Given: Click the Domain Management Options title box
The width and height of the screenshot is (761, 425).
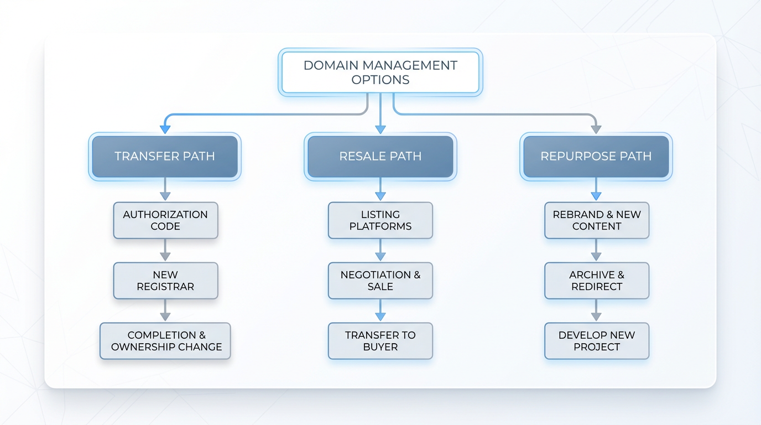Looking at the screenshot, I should click(x=380, y=72).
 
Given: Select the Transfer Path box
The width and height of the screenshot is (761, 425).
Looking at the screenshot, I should click(x=165, y=157).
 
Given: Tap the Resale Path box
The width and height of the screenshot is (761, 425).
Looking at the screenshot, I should click(x=380, y=157).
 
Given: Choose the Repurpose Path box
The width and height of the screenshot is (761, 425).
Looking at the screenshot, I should click(x=596, y=157).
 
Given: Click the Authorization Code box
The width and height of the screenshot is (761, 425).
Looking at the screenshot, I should click(x=165, y=220).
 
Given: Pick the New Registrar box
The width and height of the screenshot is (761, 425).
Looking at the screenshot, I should click(x=165, y=281).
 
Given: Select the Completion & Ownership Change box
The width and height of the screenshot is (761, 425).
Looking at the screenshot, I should click(x=165, y=341).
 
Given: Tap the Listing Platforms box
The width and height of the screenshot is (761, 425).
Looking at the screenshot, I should click(x=380, y=220).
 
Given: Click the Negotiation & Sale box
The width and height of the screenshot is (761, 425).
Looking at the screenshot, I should click(x=380, y=281).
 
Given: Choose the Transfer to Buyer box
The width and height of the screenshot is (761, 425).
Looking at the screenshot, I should click(x=380, y=341).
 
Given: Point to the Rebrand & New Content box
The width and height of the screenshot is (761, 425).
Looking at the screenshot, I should click(x=597, y=220).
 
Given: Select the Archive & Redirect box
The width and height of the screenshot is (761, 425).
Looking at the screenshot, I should click(x=597, y=281).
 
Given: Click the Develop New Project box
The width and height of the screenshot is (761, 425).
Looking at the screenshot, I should click(x=597, y=341).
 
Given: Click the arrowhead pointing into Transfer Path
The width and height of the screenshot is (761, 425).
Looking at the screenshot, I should click(x=165, y=129).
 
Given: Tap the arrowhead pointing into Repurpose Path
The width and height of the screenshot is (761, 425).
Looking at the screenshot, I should click(x=596, y=129).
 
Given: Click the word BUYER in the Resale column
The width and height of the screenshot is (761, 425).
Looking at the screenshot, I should click(x=380, y=347).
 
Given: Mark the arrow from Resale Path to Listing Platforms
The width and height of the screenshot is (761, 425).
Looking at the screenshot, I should click(x=380, y=190).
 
